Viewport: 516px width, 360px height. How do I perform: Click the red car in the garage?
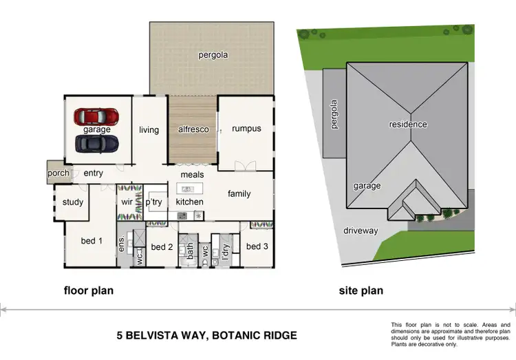(x=96, y=116)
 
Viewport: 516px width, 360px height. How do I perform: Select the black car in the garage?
(x=96, y=142)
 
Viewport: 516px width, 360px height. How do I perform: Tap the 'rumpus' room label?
(x=246, y=129)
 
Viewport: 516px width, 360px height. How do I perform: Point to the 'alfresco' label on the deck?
(x=193, y=129)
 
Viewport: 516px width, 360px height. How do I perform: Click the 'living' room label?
(x=149, y=130)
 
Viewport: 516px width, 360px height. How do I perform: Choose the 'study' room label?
(x=72, y=202)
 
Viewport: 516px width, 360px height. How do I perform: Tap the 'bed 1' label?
(x=92, y=241)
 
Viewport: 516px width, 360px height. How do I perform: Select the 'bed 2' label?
(x=161, y=247)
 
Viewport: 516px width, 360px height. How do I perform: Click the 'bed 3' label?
(x=257, y=246)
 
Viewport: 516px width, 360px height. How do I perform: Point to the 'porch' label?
(x=58, y=173)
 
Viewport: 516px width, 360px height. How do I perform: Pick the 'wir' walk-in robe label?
(x=127, y=202)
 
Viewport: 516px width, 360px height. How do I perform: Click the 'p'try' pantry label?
(x=153, y=202)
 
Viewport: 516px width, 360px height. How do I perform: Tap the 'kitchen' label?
(x=189, y=202)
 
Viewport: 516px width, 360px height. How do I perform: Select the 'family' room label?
(x=239, y=194)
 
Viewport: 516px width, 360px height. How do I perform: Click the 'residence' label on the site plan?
(x=408, y=125)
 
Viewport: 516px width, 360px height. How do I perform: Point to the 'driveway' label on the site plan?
(x=361, y=231)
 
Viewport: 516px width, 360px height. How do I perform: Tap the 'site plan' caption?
(x=361, y=290)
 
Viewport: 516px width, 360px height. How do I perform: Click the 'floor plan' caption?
(x=89, y=290)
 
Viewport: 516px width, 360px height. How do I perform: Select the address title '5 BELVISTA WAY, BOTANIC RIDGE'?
(x=206, y=336)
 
